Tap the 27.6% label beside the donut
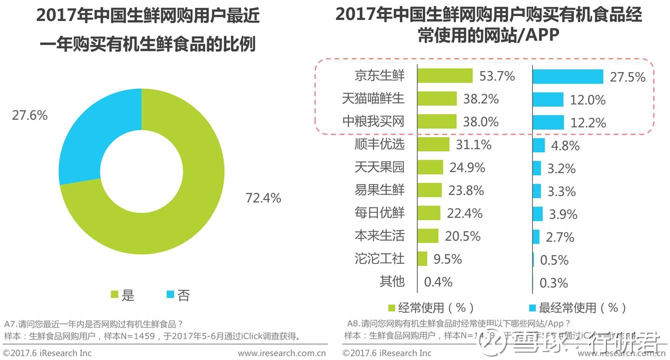tap(30, 116)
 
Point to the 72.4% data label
tap(263, 198)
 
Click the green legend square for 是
tap(114, 295)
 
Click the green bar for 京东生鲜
tap(445, 76)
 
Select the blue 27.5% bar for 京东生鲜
tap(568, 77)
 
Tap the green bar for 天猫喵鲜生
tap(437, 99)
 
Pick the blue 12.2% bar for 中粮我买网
tap(548, 122)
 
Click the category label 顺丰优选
tap(379, 145)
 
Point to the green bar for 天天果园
tap(430, 167)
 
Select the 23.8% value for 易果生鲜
tap(466, 191)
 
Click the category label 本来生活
tap(379, 236)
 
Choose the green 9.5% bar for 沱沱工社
tap(422, 259)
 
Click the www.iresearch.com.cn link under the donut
tap(282, 353)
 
